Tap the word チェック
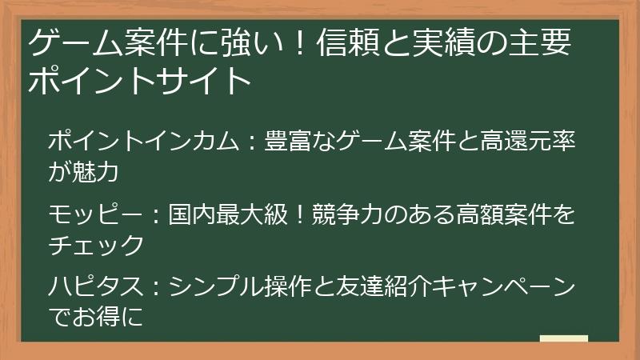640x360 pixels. pyautogui.click(x=96, y=243)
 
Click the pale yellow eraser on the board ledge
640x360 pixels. pyautogui.click(x=563, y=340)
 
